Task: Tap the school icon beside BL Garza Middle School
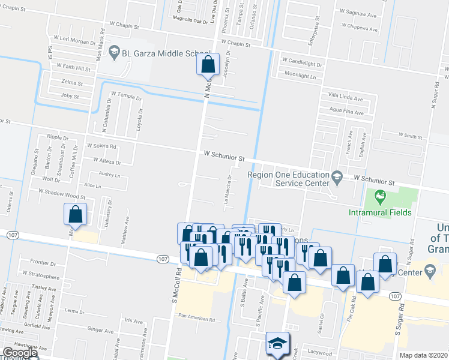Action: click(x=113, y=53)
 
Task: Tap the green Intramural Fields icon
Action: click(x=379, y=196)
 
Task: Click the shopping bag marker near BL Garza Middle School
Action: click(x=208, y=64)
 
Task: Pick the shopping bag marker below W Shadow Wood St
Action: click(x=76, y=214)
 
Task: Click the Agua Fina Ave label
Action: click(x=347, y=112)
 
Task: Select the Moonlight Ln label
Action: click(x=300, y=76)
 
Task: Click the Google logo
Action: click(x=20, y=353)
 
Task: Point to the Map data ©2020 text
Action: click(x=423, y=355)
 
